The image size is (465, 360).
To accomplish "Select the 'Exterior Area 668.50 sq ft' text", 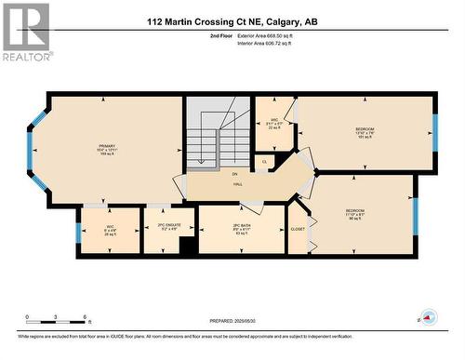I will (272, 35).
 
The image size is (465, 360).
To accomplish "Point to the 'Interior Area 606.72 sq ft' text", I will (271, 43).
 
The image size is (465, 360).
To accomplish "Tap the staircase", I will (207, 139).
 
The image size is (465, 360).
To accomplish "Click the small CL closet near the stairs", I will (265, 162).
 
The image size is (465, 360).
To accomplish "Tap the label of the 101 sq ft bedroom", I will (365, 129).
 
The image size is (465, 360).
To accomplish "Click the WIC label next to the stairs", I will (274, 121).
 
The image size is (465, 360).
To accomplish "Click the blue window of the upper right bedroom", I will (434, 128).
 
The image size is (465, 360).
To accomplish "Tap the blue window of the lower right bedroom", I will (416, 213).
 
